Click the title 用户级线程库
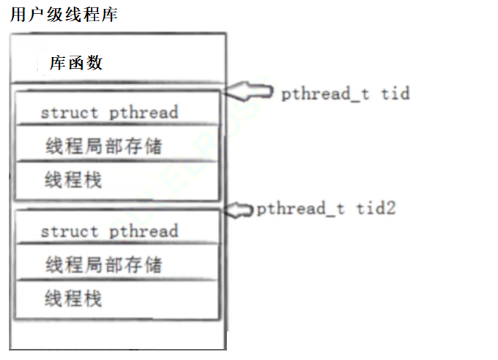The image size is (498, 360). tap(64, 15)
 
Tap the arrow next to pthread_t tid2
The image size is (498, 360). tap(238, 209)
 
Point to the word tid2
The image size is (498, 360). tap(376, 209)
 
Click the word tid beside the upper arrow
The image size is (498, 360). tap(395, 94)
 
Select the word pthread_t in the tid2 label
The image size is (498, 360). tap(301, 209)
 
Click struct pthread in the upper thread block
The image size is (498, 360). tap(109, 113)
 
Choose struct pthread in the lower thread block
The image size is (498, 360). tap(109, 231)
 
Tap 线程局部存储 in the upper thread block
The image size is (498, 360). tap(103, 146)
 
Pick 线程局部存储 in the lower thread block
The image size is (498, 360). tap(103, 264)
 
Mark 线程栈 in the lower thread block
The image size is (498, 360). tap(73, 299)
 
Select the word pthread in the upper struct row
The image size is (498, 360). tap(144, 113)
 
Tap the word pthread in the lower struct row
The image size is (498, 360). tap(144, 231)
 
